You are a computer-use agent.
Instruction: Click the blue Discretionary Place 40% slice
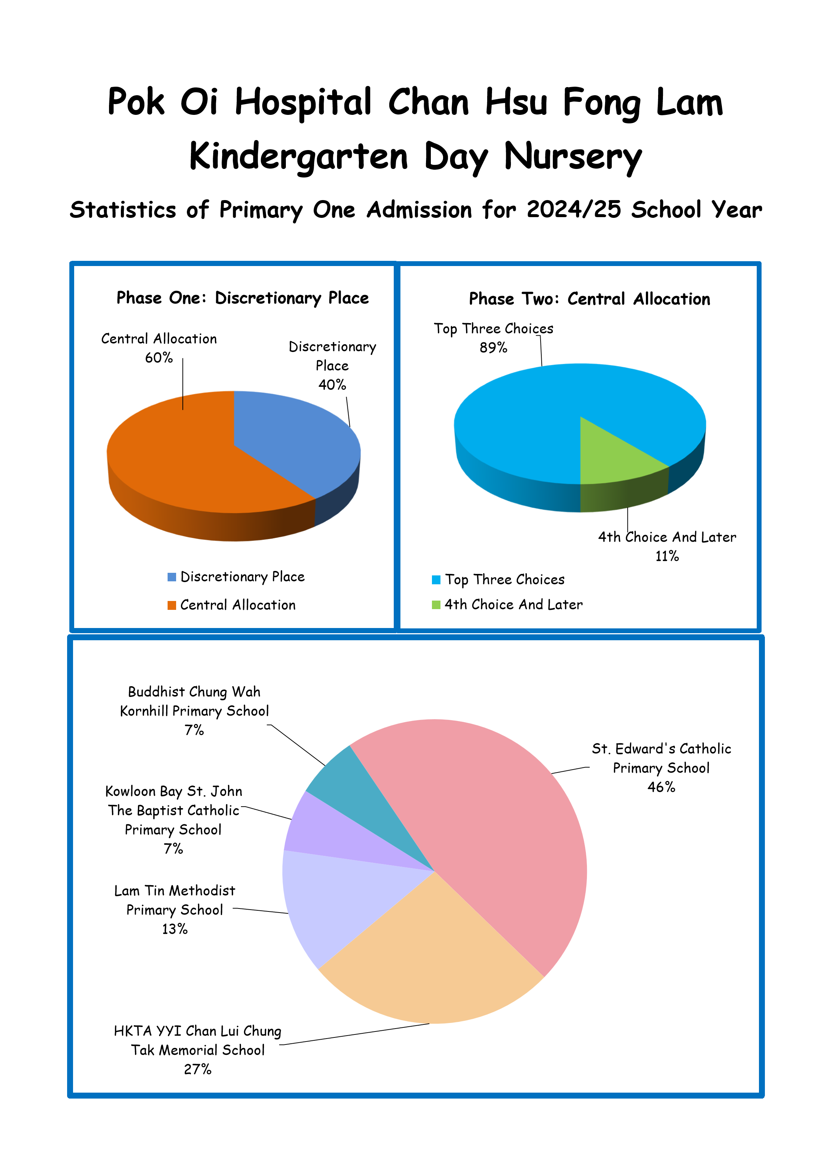click(292, 441)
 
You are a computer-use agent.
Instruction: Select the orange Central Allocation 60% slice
click(185, 461)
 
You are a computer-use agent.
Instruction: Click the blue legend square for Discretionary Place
click(172, 577)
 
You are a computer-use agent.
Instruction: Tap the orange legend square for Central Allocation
click(172, 605)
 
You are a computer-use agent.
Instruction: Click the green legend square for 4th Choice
click(436, 605)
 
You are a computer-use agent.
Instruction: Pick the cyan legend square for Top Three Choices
click(436, 580)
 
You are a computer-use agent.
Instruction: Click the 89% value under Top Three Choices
click(493, 348)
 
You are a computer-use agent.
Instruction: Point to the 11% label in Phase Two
click(667, 556)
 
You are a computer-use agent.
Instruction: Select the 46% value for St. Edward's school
click(661, 787)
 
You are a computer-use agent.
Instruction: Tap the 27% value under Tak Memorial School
click(198, 1069)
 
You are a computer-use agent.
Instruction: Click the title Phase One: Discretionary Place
click(242, 298)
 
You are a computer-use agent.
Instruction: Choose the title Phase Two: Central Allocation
click(590, 299)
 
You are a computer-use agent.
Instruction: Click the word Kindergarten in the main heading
click(299, 156)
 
